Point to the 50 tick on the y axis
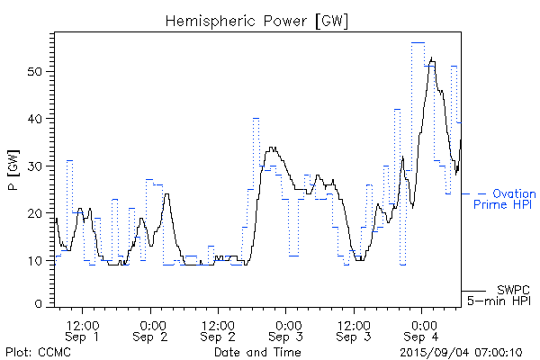click(38, 71)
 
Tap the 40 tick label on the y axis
click(38, 119)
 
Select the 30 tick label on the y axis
click(38, 166)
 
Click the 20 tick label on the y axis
click(38, 213)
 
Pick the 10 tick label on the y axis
click(38, 261)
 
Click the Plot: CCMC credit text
click(38, 351)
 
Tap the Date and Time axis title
click(257, 351)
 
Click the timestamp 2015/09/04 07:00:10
click(461, 351)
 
